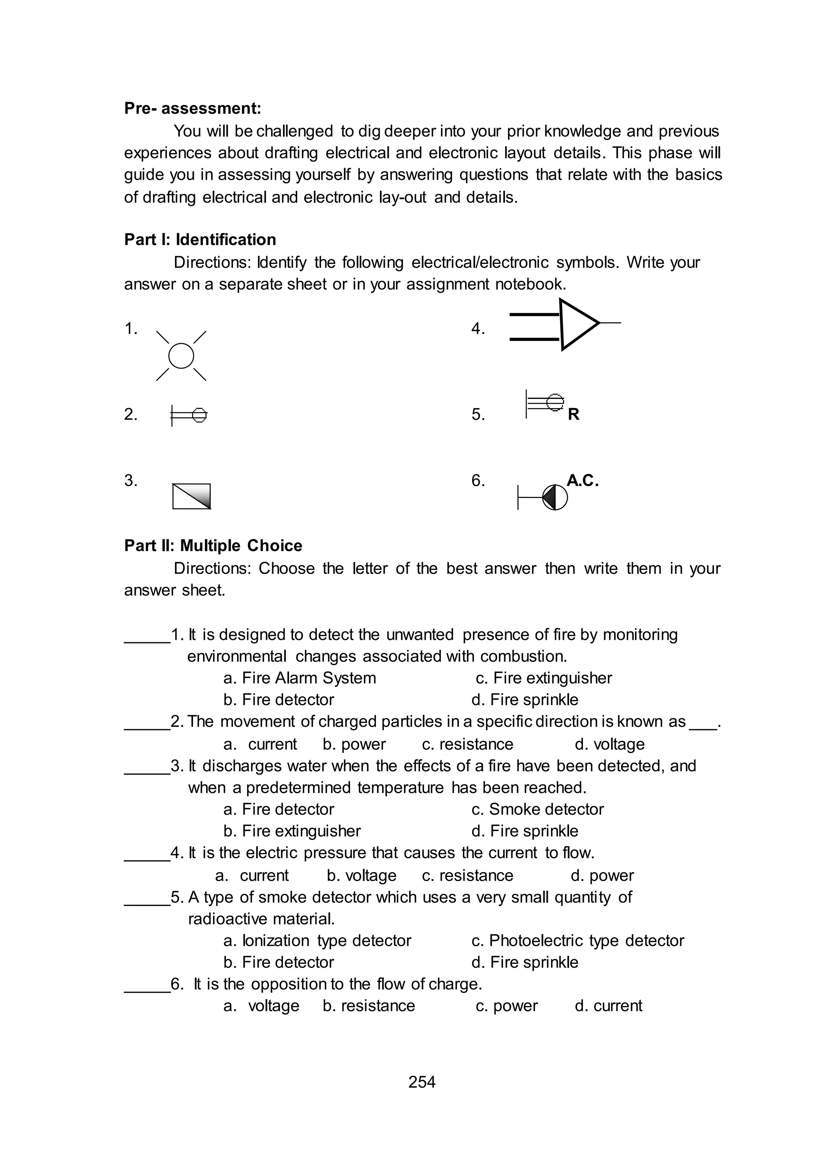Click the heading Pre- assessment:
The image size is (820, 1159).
(192, 109)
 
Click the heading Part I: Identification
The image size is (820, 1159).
(200, 239)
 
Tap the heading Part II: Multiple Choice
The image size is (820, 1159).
(213, 545)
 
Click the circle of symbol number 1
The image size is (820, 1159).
(181, 356)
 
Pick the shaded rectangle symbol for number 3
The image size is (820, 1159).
(191, 497)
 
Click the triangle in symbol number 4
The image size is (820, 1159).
(577, 324)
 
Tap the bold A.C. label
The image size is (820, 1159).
(582, 480)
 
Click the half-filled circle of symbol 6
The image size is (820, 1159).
(555, 497)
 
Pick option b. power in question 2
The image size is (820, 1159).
(354, 744)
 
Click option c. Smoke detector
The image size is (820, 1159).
(537, 809)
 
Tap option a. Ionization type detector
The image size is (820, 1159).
(317, 940)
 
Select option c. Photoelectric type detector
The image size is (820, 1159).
(578, 940)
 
